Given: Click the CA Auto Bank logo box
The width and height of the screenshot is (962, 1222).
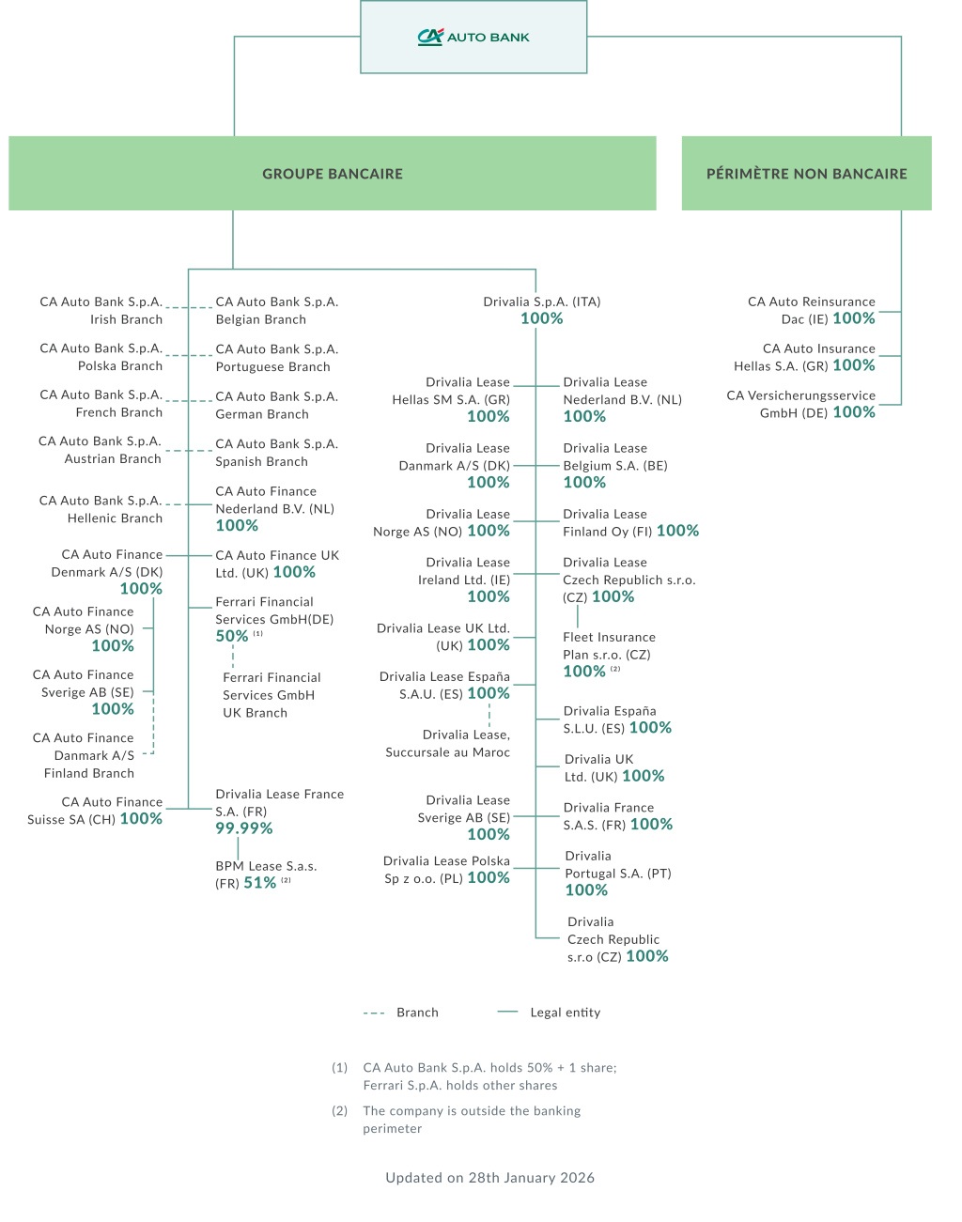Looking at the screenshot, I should coord(473,37).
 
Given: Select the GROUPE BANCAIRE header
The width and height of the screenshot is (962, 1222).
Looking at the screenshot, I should coord(333,174).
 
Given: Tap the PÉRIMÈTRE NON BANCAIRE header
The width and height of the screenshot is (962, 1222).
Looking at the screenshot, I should coord(806,174).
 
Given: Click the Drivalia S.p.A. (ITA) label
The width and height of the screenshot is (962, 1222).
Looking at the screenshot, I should coord(541,302).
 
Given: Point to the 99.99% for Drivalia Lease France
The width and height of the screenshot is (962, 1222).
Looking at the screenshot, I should coord(243,828).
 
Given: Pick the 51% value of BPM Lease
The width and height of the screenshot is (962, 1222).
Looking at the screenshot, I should coord(259,883).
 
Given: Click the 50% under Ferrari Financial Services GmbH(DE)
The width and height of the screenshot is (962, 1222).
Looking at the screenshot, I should coord(231,636).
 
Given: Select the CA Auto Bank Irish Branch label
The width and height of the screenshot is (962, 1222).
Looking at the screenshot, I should coord(101,311).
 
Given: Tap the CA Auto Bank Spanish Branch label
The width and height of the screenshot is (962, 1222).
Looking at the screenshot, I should coord(276,453).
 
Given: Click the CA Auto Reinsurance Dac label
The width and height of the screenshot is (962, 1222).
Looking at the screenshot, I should coord(811,310).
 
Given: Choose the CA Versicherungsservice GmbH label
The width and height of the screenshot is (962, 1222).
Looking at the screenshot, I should coord(800,404).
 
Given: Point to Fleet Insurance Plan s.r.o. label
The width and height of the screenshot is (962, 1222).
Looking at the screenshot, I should coord(608,646).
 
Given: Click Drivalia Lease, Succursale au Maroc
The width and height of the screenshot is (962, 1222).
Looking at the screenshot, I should coord(448,743).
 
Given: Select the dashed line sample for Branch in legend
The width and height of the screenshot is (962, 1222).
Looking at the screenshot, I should coord(374,1013).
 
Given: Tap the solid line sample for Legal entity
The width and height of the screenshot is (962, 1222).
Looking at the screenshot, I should coord(507,1013).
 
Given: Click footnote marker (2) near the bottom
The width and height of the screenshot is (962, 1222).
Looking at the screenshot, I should coord(339,1111).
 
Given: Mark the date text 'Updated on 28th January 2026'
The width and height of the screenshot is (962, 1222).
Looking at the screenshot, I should coord(489,1178).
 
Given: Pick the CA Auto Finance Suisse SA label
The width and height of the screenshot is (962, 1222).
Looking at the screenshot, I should coord(94,811).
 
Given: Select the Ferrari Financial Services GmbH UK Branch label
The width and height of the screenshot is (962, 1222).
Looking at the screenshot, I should coord(272,695).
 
